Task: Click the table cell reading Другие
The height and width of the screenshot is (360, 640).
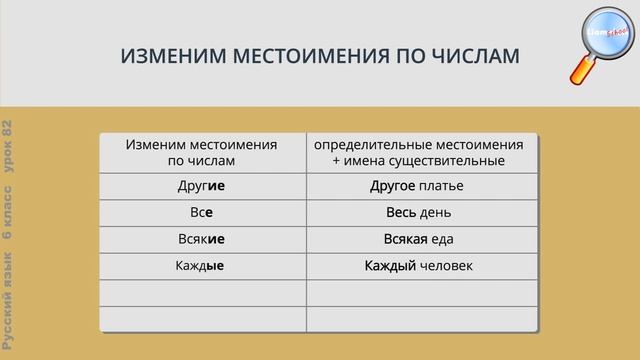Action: point(202,186)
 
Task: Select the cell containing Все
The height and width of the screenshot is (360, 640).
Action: point(202,213)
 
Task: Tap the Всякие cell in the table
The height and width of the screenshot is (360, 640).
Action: point(202,240)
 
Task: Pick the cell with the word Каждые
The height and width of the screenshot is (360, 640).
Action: point(202,267)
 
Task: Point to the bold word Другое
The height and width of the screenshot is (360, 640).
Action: point(393,186)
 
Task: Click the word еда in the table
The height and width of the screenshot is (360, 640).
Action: point(445,240)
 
